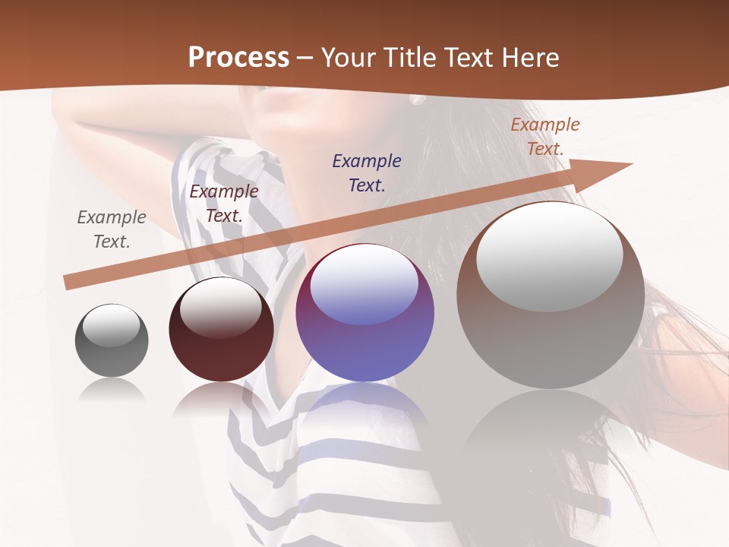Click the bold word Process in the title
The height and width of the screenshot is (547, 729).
pos(238,58)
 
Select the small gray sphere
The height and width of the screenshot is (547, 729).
pos(112,341)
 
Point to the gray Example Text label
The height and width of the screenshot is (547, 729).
pos(112,229)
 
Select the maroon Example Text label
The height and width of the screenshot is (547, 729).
pos(224,204)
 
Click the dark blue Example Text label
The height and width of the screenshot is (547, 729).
pos(367,172)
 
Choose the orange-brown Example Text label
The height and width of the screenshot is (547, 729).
pos(545,137)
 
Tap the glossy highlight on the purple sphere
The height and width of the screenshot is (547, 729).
pos(364,285)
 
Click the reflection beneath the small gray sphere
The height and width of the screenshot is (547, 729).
pos(112,391)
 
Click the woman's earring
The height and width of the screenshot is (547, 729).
pos(416,100)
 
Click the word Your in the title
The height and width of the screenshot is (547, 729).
pos(349,58)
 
